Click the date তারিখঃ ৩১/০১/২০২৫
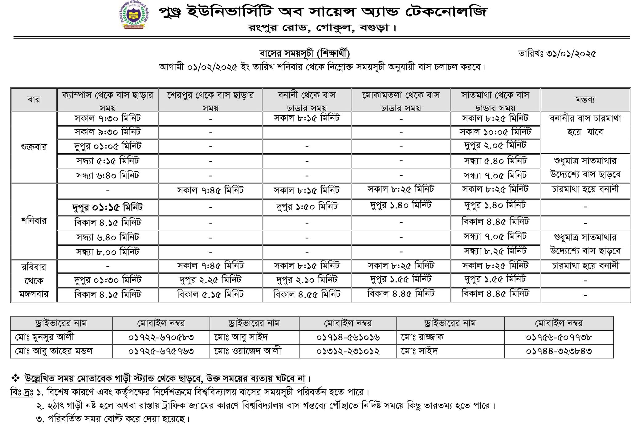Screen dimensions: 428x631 click(x=557, y=54)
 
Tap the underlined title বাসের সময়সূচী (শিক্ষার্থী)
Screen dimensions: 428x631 click(x=305, y=54)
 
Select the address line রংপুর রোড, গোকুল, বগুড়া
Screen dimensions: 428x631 click(x=322, y=28)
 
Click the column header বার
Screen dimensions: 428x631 click(x=34, y=99)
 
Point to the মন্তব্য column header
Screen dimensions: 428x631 click(x=585, y=99)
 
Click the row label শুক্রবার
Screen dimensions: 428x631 click(x=34, y=147)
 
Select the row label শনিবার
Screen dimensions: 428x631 click(x=34, y=221)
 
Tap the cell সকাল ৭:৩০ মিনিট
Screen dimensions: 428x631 click(x=108, y=118)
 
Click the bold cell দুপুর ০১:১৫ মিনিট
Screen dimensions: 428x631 click(x=108, y=207)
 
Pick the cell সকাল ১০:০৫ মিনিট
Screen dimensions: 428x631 click(x=495, y=132)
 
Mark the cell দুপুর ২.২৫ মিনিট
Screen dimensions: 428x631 click(x=210, y=280)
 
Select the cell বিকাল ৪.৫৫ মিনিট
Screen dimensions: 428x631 click(x=307, y=295)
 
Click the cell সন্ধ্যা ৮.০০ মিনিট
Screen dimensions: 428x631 click(x=108, y=252)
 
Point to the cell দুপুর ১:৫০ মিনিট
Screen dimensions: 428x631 click(x=307, y=206)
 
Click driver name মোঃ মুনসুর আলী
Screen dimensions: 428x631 click(x=45, y=337)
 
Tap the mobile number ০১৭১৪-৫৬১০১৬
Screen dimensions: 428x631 click(x=348, y=337)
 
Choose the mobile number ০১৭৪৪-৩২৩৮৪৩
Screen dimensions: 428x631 click(x=559, y=351)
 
